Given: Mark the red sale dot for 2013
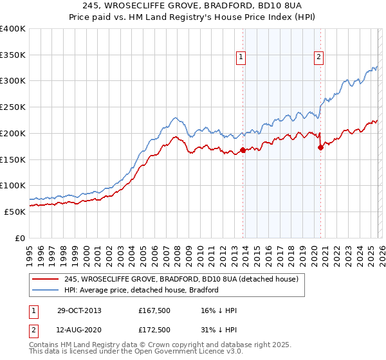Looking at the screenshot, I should click(243, 150).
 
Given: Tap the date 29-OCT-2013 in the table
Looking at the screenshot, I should click(84, 310).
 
